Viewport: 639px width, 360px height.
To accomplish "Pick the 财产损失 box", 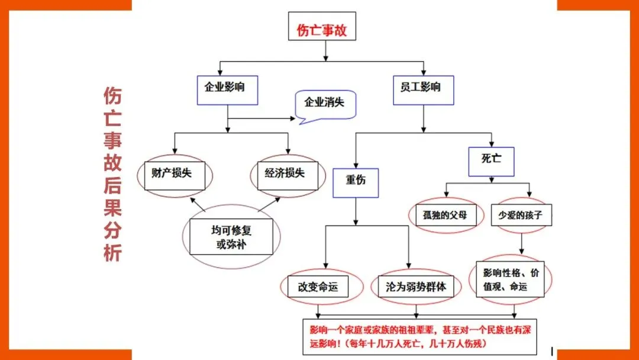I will point(175,174).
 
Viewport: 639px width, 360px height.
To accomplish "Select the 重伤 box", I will point(356,181).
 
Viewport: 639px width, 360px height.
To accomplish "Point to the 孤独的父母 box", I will point(445,215).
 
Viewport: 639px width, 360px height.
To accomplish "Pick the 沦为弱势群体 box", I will point(416,287).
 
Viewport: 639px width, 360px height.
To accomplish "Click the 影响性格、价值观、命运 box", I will point(511,280).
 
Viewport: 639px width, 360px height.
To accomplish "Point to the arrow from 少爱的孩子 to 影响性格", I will point(521,243).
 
